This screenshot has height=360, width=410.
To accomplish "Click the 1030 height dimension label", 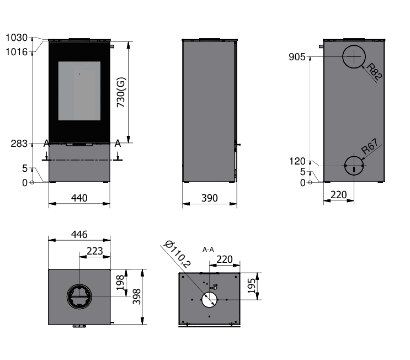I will point(16,38).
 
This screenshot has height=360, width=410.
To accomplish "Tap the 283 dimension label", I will point(19,144).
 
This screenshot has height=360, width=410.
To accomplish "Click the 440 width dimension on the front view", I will point(79,198).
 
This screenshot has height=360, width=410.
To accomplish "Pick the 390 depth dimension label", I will point(210,198).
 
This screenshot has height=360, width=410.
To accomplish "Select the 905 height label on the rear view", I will point(297,57).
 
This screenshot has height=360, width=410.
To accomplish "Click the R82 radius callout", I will point(374,73).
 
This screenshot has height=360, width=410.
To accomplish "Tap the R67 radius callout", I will point(370,149).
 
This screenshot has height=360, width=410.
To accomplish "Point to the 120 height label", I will point(297,161).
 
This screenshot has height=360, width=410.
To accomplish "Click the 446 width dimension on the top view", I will point(79,234).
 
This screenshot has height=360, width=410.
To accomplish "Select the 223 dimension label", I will point(95,251).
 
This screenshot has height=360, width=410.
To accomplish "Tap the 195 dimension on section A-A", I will point(252,285).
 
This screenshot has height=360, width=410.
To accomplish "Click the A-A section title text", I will point(208,249).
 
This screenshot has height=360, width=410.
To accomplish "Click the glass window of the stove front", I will point(79,91).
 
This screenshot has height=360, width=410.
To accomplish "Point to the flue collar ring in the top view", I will point(79,297).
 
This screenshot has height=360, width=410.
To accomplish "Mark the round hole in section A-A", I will point(209,299).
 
